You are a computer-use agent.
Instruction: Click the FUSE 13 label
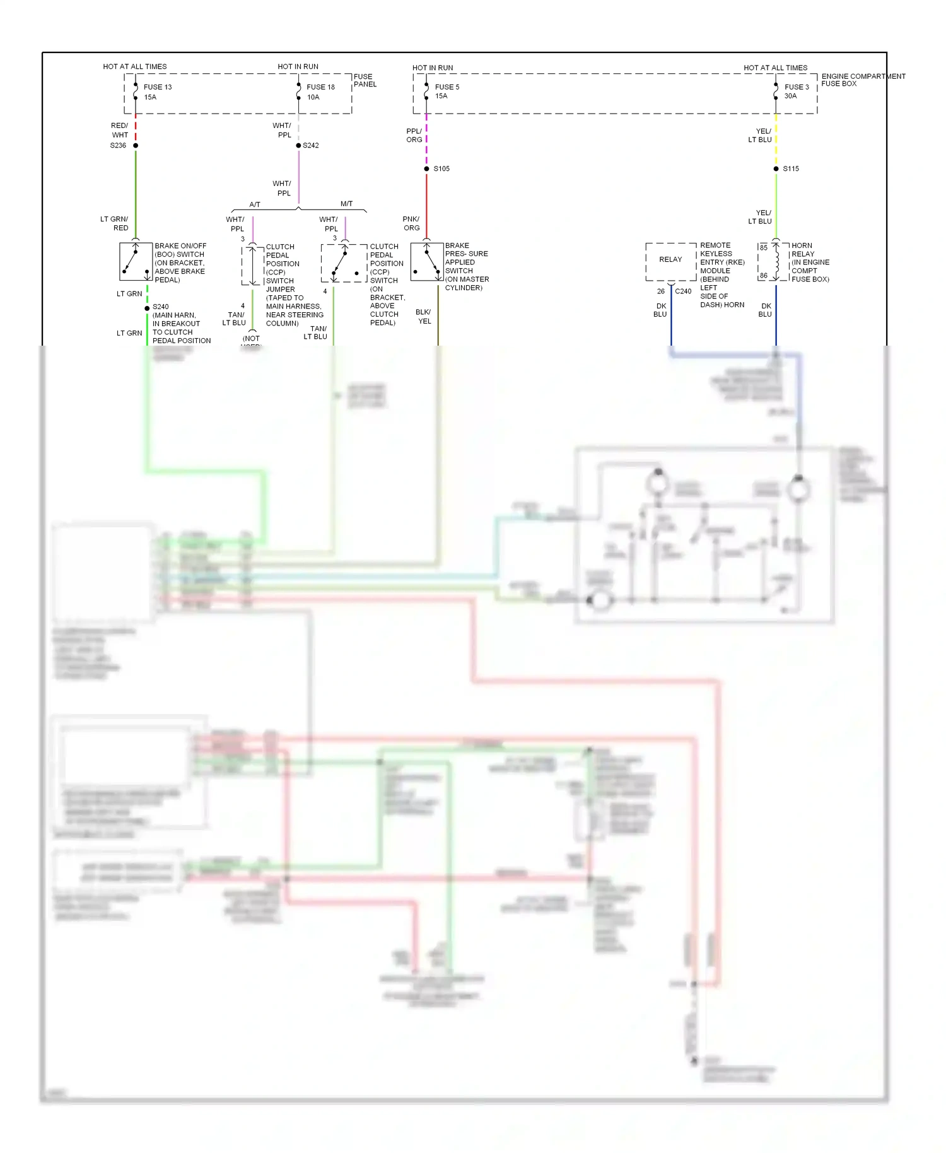click(158, 87)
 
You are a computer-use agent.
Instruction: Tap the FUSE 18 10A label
click(320, 92)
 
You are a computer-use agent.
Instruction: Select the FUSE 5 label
click(447, 87)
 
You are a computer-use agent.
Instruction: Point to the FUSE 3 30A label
click(796, 91)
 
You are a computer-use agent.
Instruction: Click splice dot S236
click(136, 146)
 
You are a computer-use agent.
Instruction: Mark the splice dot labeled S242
click(298, 146)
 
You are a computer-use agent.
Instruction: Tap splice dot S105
click(426, 169)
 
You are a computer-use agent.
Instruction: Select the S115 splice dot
click(776, 169)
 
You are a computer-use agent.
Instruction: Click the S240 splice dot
click(147, 308)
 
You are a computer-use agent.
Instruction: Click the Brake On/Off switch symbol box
click(136, 262)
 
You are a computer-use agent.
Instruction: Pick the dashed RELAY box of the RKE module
click(670, 261)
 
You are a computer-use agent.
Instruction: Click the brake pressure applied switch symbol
click(427, 262)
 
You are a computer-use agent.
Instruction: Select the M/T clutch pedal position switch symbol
click(344, 263)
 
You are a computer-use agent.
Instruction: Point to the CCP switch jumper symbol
click(252, 266)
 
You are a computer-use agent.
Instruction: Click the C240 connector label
click(683, 291)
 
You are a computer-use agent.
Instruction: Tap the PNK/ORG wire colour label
click(411, 223)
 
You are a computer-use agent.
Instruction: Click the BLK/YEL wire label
click(424, 317)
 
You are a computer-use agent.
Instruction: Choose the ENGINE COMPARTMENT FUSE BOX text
click(862, 80)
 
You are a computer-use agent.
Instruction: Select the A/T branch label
click(255, 204)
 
